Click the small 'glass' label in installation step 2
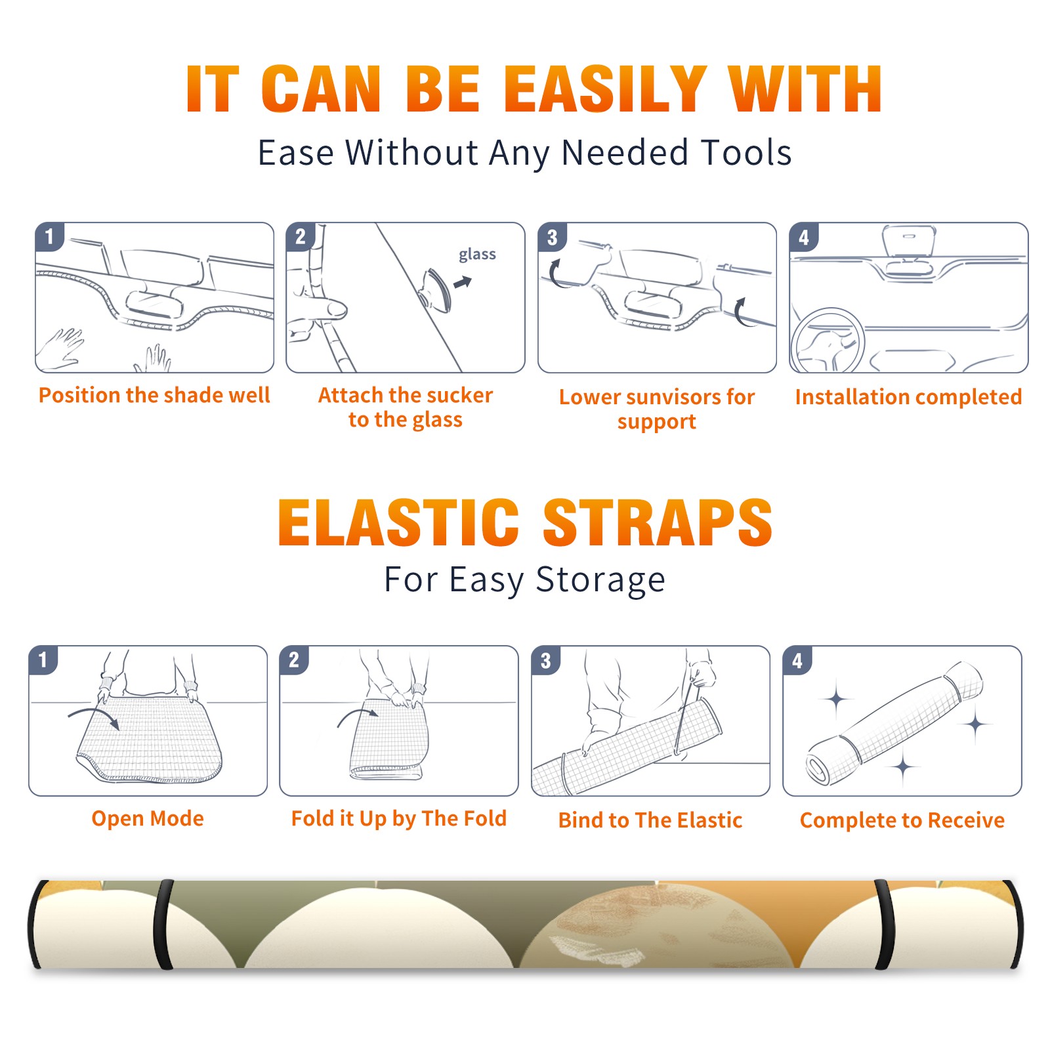coord(477,255)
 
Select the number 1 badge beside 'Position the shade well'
coord(49,236)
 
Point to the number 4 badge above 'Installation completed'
coord(804,237)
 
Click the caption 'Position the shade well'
coord(154,395)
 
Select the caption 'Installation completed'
coord(908,397)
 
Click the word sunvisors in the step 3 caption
coord(672,397)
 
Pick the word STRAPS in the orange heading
coord(658,522)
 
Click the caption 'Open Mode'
coord(148,818)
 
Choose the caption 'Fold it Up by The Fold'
coord(399,818)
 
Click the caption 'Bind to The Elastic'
coord(650,820)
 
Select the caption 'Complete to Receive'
coord(902,820)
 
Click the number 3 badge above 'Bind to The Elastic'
coord(545,660)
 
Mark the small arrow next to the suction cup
coord(463,282)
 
